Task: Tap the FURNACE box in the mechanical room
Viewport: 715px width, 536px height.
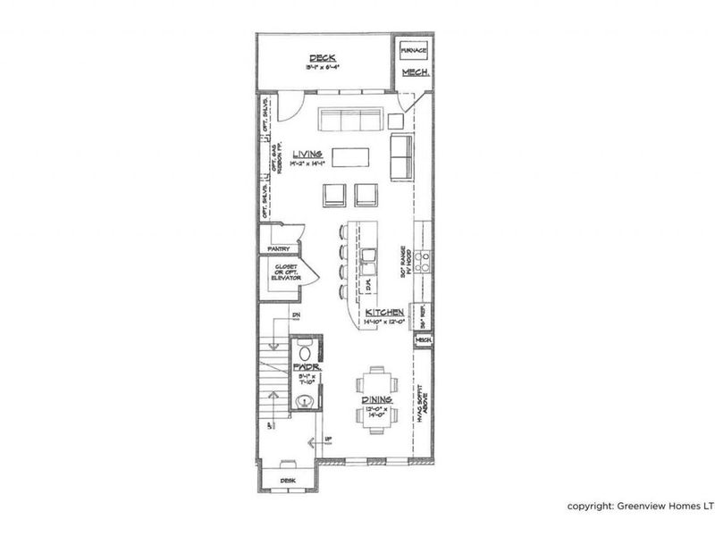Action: (x=412, y=50)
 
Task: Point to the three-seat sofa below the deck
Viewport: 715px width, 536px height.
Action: (x=350, y=120)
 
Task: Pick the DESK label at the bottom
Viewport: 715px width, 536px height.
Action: (x=288, y=480)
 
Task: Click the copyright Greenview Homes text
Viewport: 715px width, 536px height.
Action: (x=640, y=507)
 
